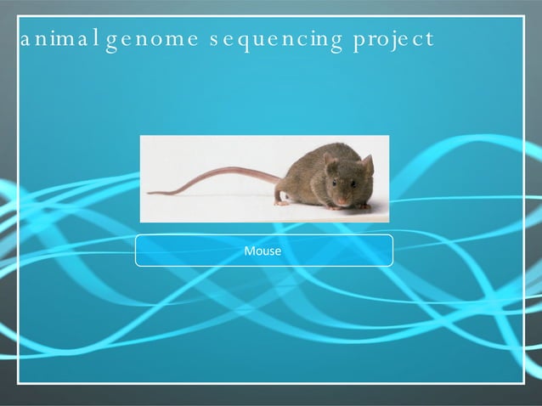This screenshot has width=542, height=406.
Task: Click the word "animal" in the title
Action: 59,39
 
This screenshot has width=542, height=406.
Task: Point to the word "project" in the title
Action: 395,41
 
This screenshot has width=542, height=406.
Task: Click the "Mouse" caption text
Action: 263,251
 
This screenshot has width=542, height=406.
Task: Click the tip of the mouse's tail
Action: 149,193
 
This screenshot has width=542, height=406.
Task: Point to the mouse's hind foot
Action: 281,202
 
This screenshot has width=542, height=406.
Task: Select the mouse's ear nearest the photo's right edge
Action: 367,164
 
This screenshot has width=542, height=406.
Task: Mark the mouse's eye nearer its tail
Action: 333,182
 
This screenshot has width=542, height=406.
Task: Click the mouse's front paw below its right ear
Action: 361,205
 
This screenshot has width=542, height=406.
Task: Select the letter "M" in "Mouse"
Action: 249,251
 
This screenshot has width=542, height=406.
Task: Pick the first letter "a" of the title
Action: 25,41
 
